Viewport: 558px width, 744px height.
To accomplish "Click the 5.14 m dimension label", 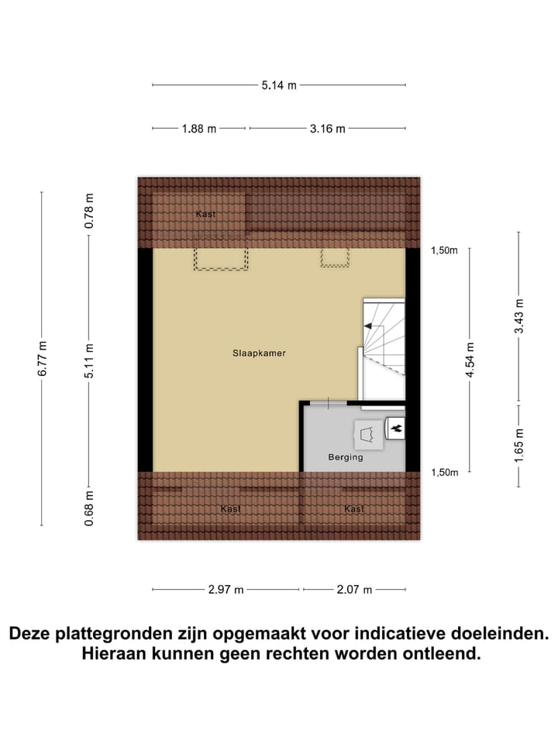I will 279,85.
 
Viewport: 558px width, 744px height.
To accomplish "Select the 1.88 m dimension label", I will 199,129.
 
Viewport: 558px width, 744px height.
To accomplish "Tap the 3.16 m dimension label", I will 327,129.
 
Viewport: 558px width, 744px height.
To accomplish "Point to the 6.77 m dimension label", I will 43,358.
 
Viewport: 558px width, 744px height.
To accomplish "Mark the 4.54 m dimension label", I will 470,360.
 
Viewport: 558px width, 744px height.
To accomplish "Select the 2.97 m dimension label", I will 226,590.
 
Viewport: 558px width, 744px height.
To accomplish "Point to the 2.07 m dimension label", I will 354,590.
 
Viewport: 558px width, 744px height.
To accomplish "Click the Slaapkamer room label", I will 259,353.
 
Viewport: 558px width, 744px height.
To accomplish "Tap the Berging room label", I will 345,457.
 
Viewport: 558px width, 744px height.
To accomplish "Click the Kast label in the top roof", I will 205,214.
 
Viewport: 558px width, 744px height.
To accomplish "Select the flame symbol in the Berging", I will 395,427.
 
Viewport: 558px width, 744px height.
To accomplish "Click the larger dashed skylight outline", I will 221,259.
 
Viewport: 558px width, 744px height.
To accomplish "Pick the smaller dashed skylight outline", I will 335,257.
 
